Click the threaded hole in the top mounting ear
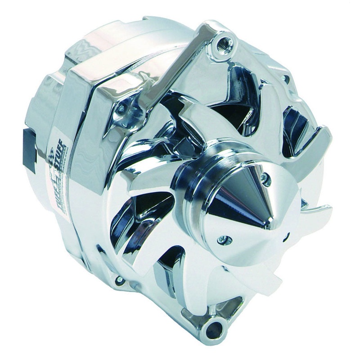[223, 44]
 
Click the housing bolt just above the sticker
[121, 108]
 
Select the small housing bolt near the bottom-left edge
[119, 280]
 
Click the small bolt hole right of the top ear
[286, 79]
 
